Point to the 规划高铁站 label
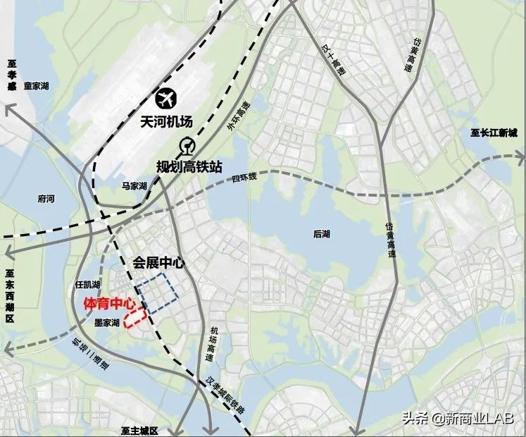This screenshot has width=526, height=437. pyautogui.click(x=189, y=167)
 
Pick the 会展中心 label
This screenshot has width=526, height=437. pyautogui.click(x=158, y=262)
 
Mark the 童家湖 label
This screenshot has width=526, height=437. pyautogui.click(x=36, y=86)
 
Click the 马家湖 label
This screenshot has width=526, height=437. pyautogui.click(x=134, y=186)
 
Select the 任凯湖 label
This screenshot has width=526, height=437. pyautogui.click(x=87, y=285)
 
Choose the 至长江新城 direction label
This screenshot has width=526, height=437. pyautogui.click(x=494, y=133)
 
